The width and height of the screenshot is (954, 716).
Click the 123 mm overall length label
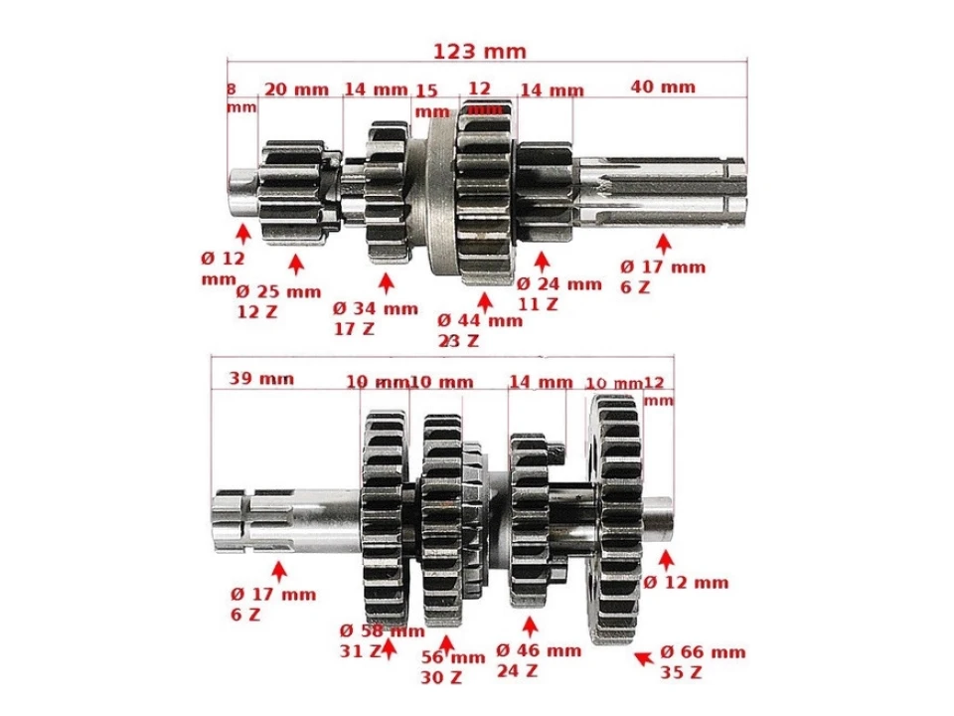pyautogui.click(x=479, y=51)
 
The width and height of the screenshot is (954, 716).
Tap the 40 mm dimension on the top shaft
pyautogui.click(x=663, y=87)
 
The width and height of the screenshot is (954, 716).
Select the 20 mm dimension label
pyautogui.click(x=296, y=89)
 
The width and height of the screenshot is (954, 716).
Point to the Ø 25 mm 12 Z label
pyautogui.click(x=278, y=300)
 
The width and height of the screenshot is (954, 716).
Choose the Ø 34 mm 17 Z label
pyautogui.click(x=375, y=317)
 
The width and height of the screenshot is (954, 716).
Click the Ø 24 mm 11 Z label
pyautogui.click(x=558, y=293)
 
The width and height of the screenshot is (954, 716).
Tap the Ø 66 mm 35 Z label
pyautogui.click(x=703, y=662)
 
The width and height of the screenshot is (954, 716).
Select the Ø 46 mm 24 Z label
pyautogui.click(x=538, y=660)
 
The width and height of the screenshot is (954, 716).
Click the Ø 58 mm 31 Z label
pyautogui.click(x=381, y=640)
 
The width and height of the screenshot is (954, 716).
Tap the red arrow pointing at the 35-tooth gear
pyautogui.click(x=644, y=655)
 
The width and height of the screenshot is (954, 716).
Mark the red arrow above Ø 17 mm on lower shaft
pyautogui.click(x=279, y=570)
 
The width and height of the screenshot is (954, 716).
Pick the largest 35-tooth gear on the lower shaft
pyautogui.click(x=616, y=517)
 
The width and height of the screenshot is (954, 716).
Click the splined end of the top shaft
pyautogui.click(x=661, y=189)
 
